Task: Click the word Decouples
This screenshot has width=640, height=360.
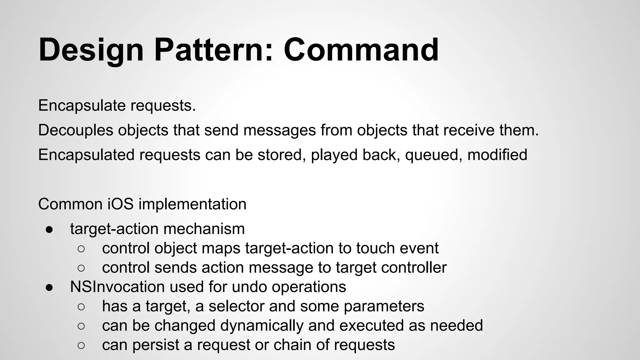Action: point(76,130)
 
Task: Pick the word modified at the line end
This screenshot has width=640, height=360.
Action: point(497,155)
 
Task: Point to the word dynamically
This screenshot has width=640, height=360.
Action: point(262,326)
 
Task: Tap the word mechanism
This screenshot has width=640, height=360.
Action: point(204,229)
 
